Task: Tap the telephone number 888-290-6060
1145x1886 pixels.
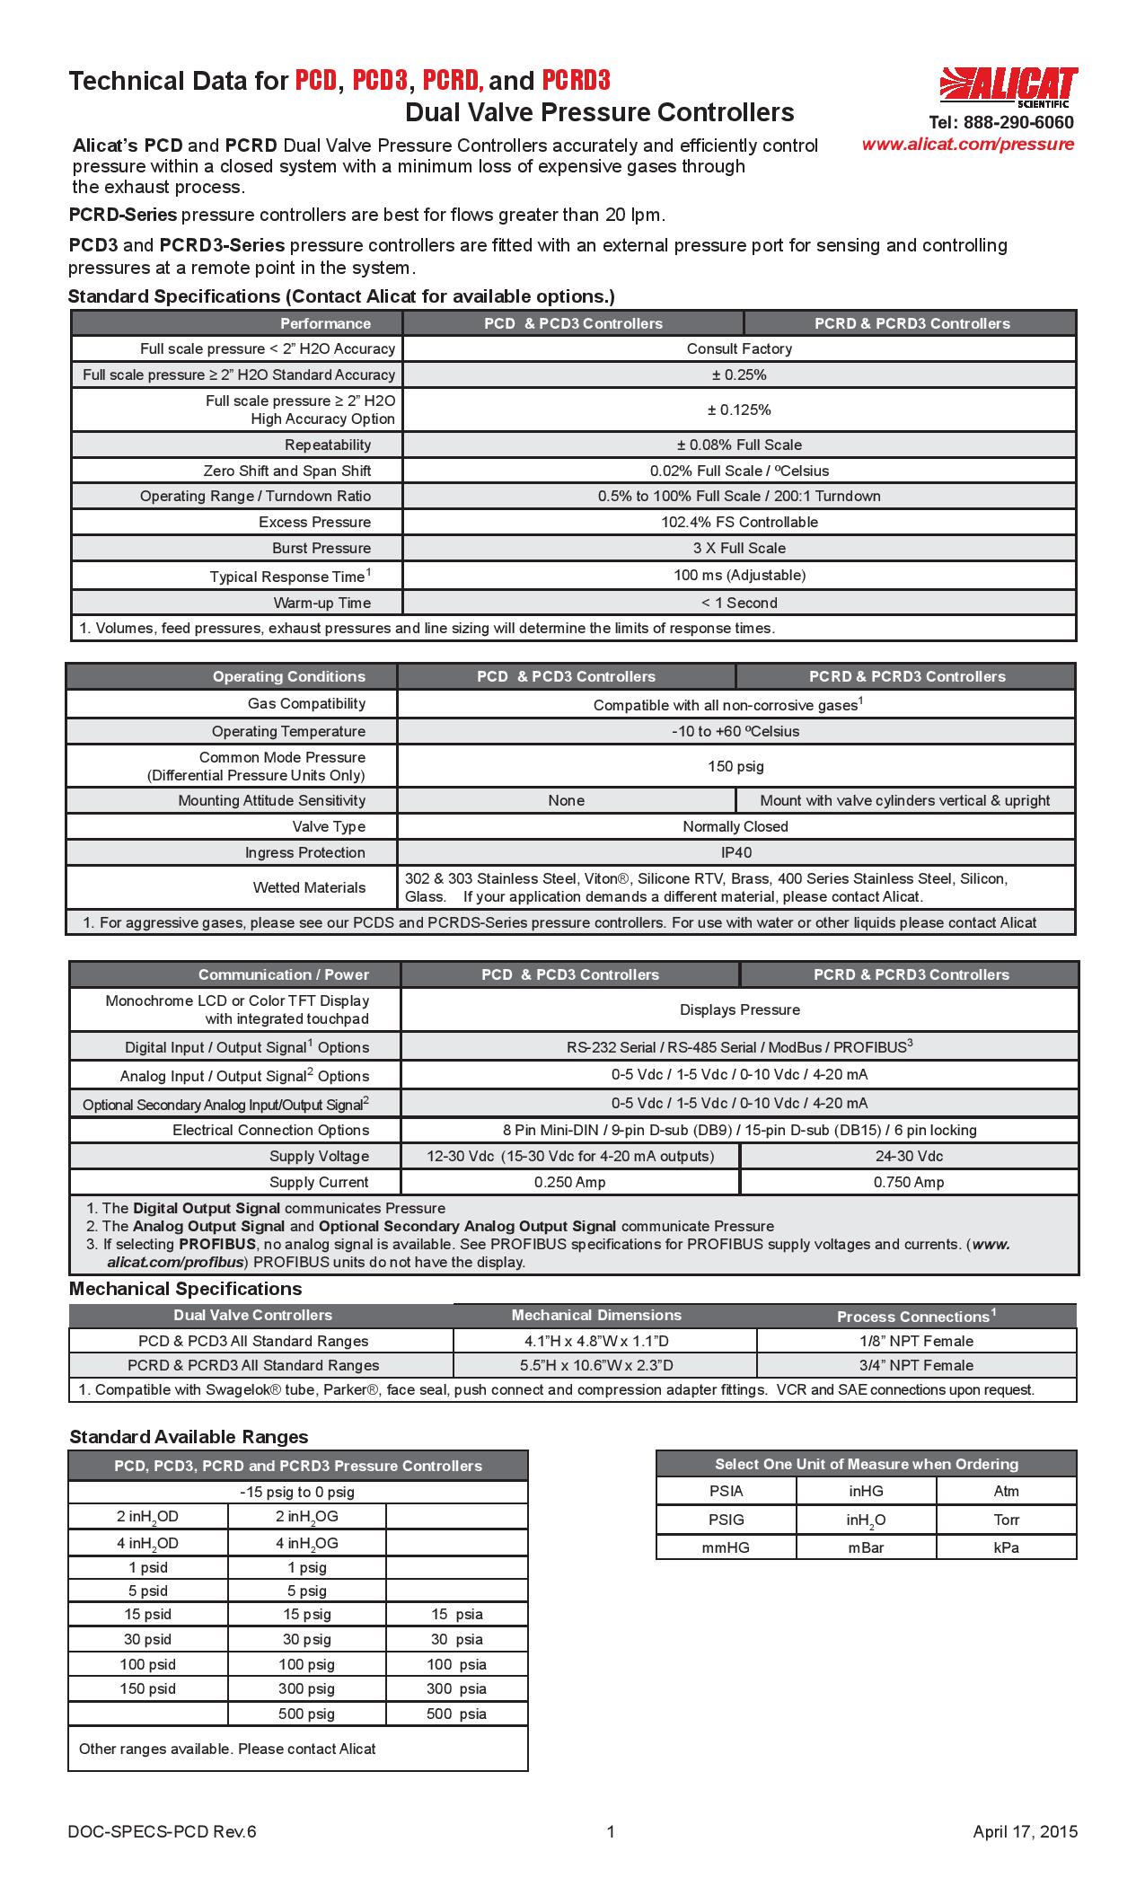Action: pyautogui.click(x=1000, y=123)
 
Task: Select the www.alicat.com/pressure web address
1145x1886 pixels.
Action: pyautogui.click(x=967, y=145)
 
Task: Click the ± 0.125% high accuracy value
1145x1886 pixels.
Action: pyautogui.click(x=739, y=410)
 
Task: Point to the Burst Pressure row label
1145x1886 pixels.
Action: pyautogui.click(x=321, y=548)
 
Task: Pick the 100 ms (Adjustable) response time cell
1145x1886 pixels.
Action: pyautogui.click(x=739, y=575)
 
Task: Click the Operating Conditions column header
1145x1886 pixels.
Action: pyautogui.click(x=288, y=676)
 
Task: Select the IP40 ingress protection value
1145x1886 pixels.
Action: pyautogui.click(x=735, y=852)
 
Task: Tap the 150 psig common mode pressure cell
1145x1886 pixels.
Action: pyautogui.click(x=735, y=766)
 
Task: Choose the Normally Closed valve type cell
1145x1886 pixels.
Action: pyautogui.click(x=735, y=826)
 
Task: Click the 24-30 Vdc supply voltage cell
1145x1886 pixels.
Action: pyautogui.click(x=909, y=1156)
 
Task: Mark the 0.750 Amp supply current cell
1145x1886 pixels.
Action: pyautogui.click(x=909, y=1182)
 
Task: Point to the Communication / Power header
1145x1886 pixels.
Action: pyautogui.click(x=283, y=974)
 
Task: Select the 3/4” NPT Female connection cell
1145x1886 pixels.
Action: pyautogui.click(x=916, y=1365)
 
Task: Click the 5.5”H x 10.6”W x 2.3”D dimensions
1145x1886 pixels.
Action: pyautogui.click(x=596, y=1365)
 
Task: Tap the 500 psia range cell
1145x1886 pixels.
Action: pyautogui.click(x=456, y=1714)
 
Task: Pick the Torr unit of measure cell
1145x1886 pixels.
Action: pyautogui.click(x=1006, y=1520)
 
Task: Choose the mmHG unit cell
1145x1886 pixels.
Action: pyautogui.click(x=726, y=1547)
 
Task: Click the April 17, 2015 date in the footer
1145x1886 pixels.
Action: pyautogui.click(x=1025, y=1832)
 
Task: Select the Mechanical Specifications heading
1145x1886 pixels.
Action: pyautogui.click(x=185, y=1289)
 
